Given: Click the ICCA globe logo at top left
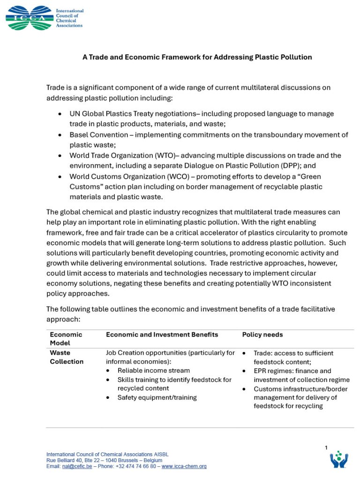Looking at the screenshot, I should pyautogui.click(x=30, y=18).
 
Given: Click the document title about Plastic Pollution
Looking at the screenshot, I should pyautogui.click(x=197, y=57).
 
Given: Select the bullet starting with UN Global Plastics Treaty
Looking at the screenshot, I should pyautogui.click(x=202, y=114).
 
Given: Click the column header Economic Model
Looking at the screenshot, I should pyautogui.click(x=66, y=339).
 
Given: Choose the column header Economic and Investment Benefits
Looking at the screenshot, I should pyautogui.click(x=162, y=335).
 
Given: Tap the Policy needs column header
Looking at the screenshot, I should pyautogui.click(x=262, y=335).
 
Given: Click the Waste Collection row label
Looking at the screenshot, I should pyautogui.click(x=67, y=357).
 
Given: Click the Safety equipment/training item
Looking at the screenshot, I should pyautogui.click(x=157, y=397).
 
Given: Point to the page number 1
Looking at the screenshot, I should pyautogui.click(x=326, y=448).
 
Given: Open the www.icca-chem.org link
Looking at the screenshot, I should pyautogui.click(x=184, y=466).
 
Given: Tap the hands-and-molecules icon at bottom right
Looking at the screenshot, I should pyautogui.click(x=338, y=460).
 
